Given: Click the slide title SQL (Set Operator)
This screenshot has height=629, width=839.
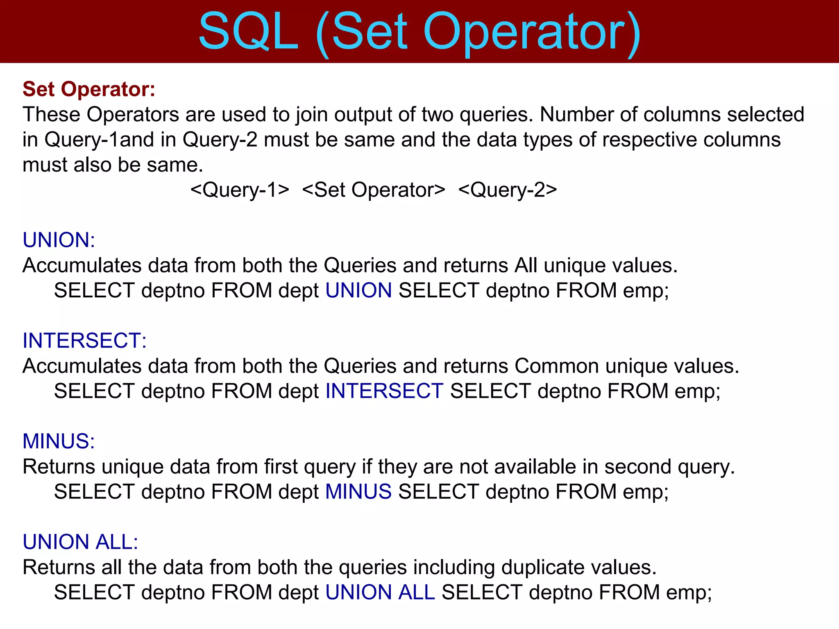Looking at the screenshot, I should coord(419,32).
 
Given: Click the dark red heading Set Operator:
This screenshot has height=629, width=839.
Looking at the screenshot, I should coord(89,89).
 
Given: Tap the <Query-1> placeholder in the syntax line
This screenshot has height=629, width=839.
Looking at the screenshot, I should coord(240,190).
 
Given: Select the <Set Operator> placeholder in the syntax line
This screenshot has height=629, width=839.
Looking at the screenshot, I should coord(374,190).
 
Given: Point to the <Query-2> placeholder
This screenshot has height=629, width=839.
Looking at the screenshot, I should coord(508,190).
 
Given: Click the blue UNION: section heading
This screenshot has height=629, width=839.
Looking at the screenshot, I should coord(59,240).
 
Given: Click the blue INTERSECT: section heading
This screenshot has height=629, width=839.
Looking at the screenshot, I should coord(84,341).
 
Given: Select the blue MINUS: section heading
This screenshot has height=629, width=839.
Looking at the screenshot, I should coord(59,441).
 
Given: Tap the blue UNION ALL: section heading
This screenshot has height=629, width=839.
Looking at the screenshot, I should coord(80,542).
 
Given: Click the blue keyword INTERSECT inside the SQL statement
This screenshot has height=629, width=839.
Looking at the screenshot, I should coord(384,391).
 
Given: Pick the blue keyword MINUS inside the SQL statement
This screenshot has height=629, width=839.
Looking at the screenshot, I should coord(358,491).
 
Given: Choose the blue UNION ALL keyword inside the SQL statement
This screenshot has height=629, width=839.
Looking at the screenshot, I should coord(380,592).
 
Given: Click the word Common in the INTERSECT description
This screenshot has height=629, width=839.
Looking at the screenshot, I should coord(557,366).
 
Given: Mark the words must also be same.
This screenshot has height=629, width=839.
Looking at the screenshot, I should coord(113,165).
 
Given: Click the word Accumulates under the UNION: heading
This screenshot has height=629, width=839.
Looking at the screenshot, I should coord(82,265).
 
